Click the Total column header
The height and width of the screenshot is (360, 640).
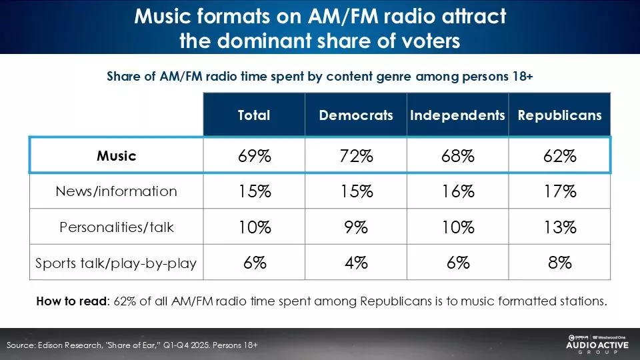pos(254,115)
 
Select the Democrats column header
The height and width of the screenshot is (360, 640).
pos(356,115)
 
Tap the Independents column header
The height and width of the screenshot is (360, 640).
pos(457,115)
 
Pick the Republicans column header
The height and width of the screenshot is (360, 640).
pos(559,115)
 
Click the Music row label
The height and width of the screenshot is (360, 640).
pos(116,156)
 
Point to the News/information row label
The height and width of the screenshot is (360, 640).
pos(116,191)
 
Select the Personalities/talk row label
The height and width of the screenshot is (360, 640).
pos(116,227)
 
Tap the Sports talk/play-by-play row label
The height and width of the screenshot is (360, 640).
pos(116,263)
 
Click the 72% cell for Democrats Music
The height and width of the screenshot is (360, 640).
pos(356,156)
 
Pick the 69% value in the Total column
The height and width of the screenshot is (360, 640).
pos(254,156)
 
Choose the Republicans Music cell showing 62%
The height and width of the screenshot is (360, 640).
pos(559,156)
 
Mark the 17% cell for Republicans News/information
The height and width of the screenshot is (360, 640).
pos(559,191)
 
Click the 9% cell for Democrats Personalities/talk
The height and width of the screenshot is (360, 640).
pos(356,227)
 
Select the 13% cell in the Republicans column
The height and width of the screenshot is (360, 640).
pos(559,227)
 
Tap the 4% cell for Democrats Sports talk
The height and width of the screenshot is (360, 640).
pos(356,263)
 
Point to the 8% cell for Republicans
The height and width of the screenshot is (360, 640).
pos(559,263)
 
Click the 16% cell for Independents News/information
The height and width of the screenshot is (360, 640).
pos(457,191)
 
